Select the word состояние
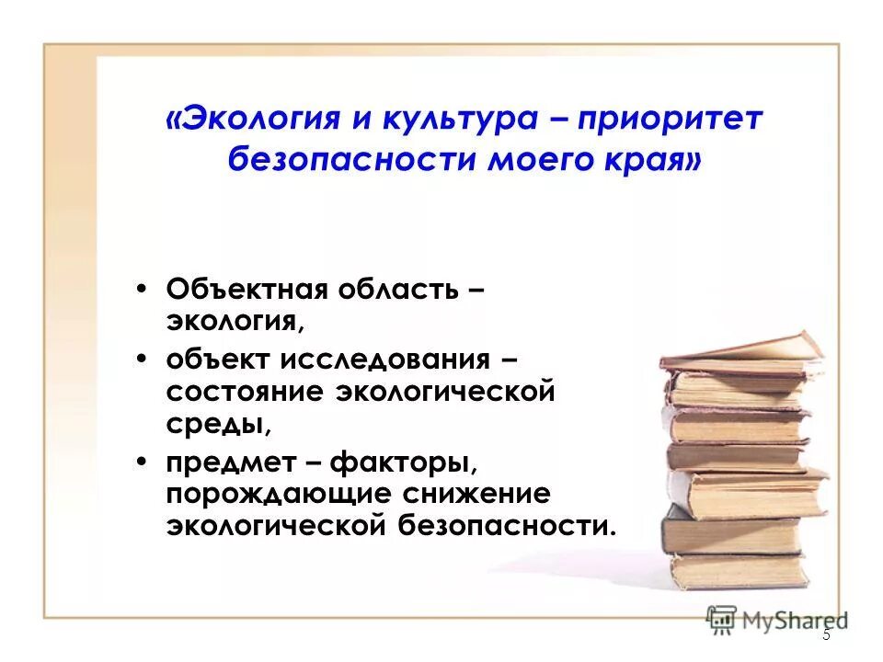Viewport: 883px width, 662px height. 244,391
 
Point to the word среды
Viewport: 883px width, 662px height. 217,424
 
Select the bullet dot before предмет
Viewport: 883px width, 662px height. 140,459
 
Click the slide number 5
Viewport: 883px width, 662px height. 826,634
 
